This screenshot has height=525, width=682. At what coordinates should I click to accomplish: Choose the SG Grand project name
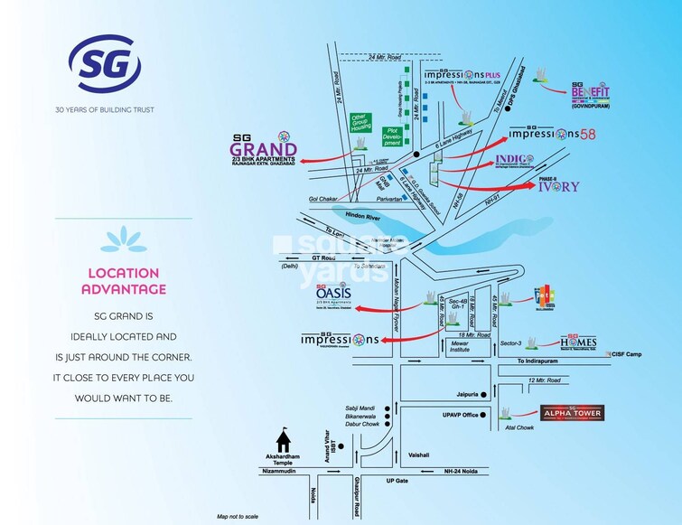click(263, 148)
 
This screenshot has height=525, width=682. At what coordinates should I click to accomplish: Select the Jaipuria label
click(468, 394)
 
